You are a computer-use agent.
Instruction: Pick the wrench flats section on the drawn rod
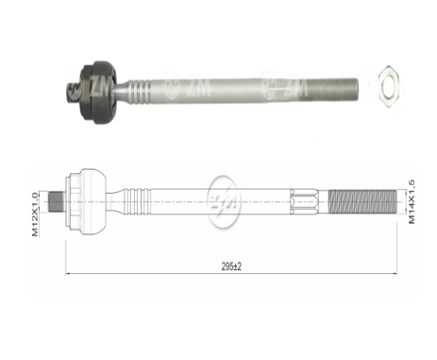pyautogui.click(x=305, y=202)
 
